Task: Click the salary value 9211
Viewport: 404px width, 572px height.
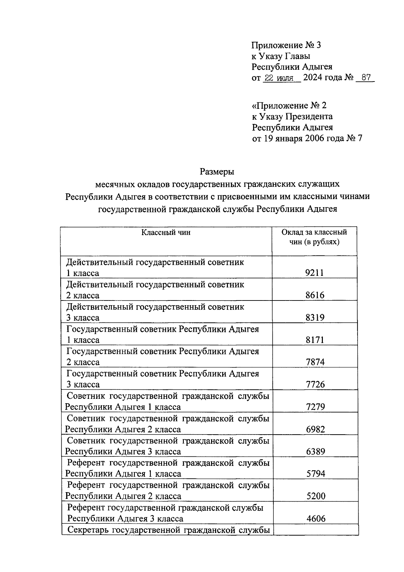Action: coord(314,273)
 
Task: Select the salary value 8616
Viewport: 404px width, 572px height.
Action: coord(315,295)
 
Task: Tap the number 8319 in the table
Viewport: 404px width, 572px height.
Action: coord(315,318)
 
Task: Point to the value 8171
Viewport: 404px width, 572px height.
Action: coord(315,340)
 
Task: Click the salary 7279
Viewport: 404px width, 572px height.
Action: coord(315,407)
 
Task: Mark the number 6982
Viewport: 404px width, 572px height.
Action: coord(315,429)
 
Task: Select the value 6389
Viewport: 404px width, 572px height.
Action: coord(315,451)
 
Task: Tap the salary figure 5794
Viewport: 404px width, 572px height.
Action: coord(316,474)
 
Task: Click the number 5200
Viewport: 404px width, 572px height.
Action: coord(316,496)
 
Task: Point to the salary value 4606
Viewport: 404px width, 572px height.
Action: coord(316,518)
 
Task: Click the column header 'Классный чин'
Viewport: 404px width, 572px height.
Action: coord(166,232)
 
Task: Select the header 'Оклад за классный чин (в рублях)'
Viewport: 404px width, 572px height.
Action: coord(314,237)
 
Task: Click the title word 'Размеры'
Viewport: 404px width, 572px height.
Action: coord(217,172)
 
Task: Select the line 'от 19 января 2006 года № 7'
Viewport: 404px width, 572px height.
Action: coord(307,138)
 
